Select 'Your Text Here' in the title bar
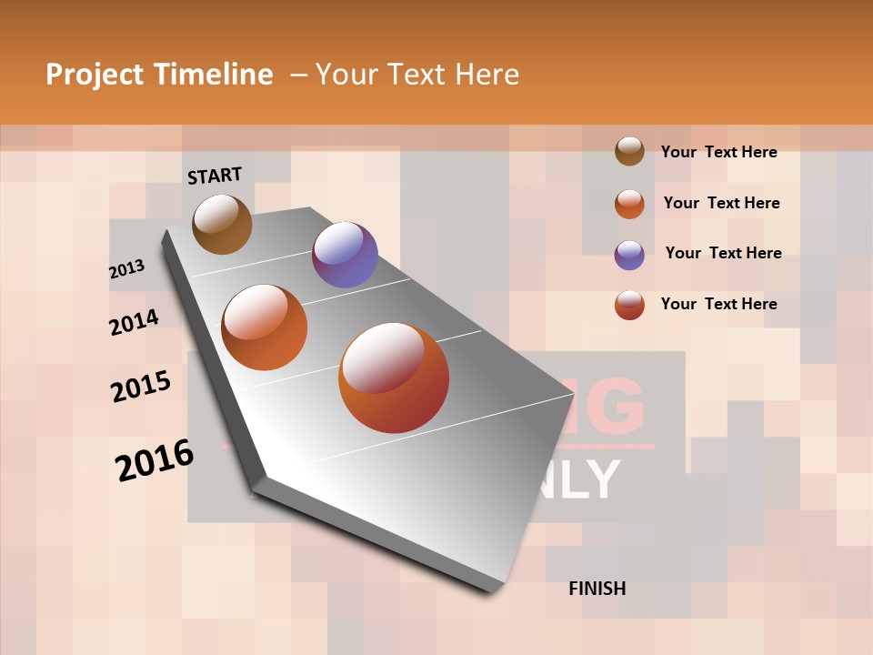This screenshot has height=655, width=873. pyautogui.click(x=417, y=75)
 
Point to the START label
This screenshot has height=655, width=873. pyautogui.click(x=215, y=176)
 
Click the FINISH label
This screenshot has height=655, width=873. pyautogui.click(x=597, y=589)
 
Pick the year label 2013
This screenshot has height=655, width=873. pyautogui.click(x=127, y=269)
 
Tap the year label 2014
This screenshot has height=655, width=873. pyautogui.click(x=134, y=322)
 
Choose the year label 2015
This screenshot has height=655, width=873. pyautogui.click(x=141, y=387)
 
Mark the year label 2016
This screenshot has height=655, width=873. pyautogui.click(x=155, y=460)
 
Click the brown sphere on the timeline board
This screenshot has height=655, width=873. pyautogui.click(x=222, y=224)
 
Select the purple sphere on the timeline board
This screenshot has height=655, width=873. pyautogui.click(x=345, y=255)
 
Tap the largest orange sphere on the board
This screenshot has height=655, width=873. pyautogui.click(x=394, y=378)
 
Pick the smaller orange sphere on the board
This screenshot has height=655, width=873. pyautogui.click(x=265, y=327)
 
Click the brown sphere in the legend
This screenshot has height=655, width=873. pyautogui.click(x=629, y=152)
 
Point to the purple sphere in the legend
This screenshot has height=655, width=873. pyautogui.click(x=629, y=255)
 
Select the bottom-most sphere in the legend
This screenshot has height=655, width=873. pyautogui.click(x=629, y=305)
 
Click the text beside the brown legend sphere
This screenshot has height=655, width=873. pyautogui.click(x=718, y=152)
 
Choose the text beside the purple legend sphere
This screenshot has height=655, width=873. pyautogui.click(x=723, y=253)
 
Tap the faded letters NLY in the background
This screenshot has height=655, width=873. pyautogui.click(x=582, y=479)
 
